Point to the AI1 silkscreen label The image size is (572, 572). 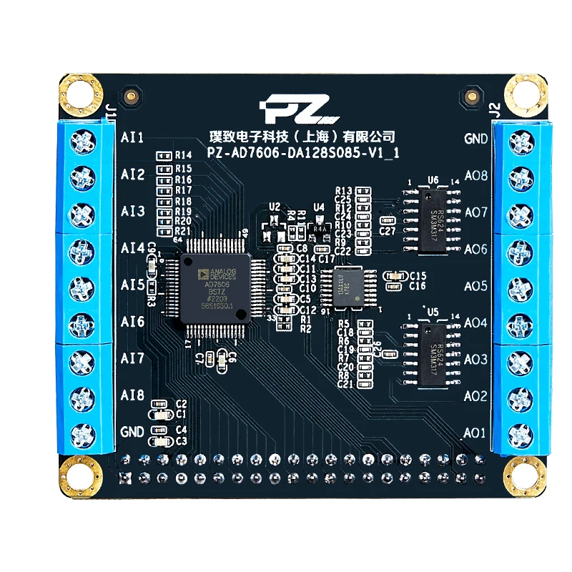[133, 137]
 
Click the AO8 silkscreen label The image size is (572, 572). [475, 176]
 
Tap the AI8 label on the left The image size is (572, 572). [133, 395]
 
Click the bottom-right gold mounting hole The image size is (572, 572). [524, 475]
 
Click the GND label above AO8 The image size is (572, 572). [476, 139]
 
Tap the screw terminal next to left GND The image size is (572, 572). [83, 433]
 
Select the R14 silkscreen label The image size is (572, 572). [184, 155]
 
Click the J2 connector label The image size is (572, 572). [493, 109]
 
